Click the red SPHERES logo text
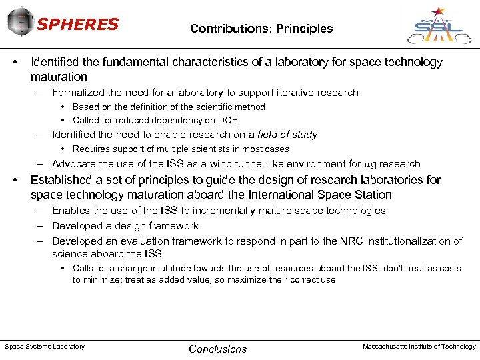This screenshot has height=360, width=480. (x=78, y=25)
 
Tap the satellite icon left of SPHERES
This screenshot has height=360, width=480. (x=21, y=22)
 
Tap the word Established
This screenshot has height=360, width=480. (x=59, y=180)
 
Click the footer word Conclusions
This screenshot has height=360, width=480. (x=217, y=349)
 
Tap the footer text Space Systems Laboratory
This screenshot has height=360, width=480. (x=45, y=347)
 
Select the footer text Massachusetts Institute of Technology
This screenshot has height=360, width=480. (x=419, y=347)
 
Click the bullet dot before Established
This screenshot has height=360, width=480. (x=15, y=180)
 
